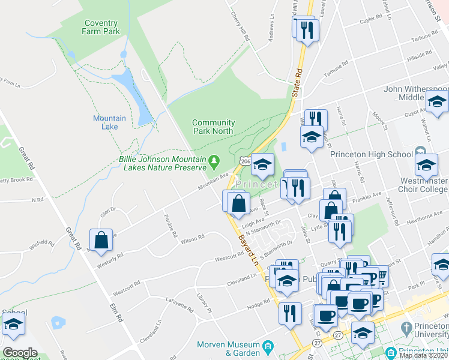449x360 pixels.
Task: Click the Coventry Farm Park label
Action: [101, 27]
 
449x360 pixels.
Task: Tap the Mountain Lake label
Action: [109, 122]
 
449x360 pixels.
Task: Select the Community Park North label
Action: [213, 127]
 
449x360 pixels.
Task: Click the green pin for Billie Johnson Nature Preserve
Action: [213, 161]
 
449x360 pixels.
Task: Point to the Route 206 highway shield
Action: [244, 161]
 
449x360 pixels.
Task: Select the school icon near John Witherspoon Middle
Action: [438, 103]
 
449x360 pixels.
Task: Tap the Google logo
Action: [20, 353]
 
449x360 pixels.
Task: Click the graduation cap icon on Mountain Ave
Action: [262, 164]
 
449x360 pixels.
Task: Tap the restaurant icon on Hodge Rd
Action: [290, 313]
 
